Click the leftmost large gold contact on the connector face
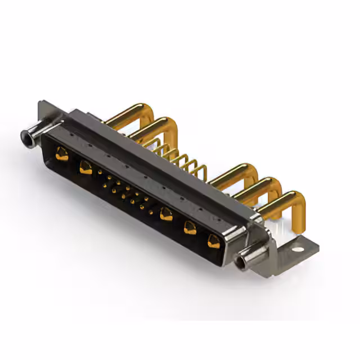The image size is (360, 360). tap(62, 153)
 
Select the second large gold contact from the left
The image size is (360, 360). tap(85, 166)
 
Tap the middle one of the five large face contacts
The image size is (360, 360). tap(166, 214)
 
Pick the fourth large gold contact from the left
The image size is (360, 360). tap(190, 227)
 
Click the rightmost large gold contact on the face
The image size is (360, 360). tap(214, 241)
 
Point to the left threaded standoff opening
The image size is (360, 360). tap(25, 136)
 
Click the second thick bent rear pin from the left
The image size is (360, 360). tap(147, 125)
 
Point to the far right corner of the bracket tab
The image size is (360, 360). tap(318, 246)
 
